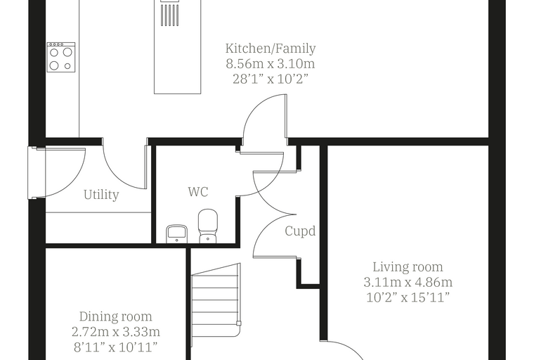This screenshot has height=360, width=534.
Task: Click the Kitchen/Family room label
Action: point(271,49)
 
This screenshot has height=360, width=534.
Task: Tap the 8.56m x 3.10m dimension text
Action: point(271,64)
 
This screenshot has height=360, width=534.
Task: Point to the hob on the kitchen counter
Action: point(61,57)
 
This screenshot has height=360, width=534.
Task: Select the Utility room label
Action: point(101,195)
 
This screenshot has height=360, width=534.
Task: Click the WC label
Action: point(198,192)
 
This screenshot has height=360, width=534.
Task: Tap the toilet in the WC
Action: point(208,226)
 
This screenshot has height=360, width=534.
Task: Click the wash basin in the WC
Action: point(177,234)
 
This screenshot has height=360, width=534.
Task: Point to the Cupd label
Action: point(300,231)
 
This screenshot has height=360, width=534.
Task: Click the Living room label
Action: point(408,267)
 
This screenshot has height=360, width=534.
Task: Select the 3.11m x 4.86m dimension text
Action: point(408,282)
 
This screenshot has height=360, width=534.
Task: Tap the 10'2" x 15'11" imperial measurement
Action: point(408,297)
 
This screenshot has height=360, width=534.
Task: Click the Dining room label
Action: point(116,316)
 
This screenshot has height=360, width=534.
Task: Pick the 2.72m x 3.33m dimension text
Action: point(116,332)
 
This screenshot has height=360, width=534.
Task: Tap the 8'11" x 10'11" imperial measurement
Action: point(116,347)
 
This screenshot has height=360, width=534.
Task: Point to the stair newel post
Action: point(239,323)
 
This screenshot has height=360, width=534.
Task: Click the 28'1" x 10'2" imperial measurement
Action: point(271,79)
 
